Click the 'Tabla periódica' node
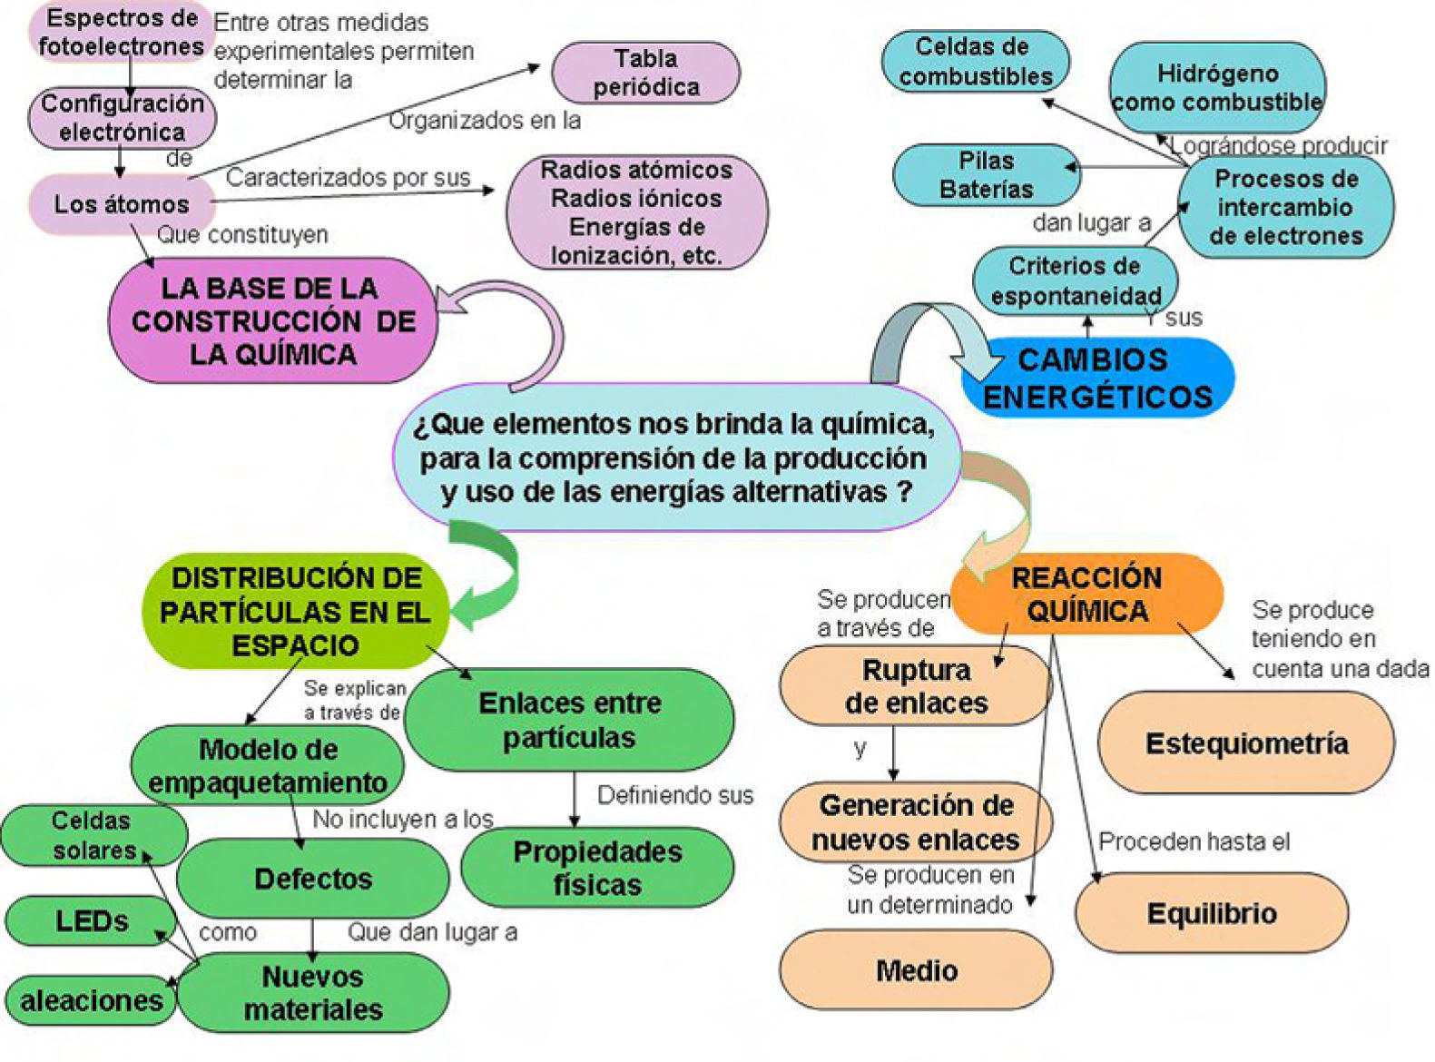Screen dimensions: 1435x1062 645,73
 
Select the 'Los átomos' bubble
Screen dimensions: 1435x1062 121,204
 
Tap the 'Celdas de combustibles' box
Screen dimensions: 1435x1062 976,61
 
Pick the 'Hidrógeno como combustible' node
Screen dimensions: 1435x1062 1216,87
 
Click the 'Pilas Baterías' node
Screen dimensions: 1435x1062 986,175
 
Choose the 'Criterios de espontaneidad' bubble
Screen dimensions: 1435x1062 1075,280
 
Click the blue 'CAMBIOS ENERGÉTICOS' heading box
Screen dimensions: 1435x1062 1097,378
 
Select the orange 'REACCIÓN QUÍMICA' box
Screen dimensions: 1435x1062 1086,594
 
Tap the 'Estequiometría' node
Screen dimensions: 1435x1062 1246,743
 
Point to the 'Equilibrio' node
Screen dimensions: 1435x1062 1211,913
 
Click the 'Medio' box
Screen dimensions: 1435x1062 916,970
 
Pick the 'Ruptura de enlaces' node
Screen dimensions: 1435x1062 915,686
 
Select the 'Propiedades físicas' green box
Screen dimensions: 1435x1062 597,868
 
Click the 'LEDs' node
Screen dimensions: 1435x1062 91,921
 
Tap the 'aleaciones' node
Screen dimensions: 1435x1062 91,1000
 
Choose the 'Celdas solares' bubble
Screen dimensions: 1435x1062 93,835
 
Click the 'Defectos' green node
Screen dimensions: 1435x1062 312,879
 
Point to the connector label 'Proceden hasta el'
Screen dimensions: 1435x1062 1194,842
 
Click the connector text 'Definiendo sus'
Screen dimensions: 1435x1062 675,796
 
